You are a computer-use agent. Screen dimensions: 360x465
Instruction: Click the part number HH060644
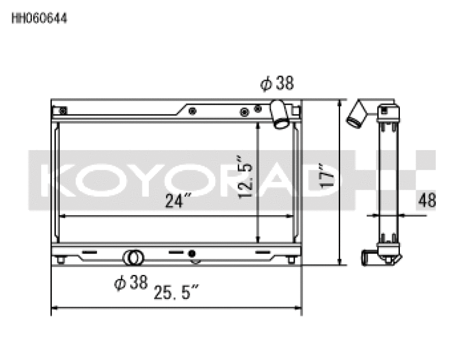point(40,19)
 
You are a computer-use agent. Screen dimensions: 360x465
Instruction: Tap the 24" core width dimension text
point(178,202)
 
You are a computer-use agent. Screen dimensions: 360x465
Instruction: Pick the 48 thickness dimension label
point(427,201)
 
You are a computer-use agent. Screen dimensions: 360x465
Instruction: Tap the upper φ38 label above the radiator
point(277,84)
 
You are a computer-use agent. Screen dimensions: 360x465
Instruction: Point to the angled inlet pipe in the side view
point(356,113)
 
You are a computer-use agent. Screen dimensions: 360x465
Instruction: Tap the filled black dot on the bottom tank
point(192,254)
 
